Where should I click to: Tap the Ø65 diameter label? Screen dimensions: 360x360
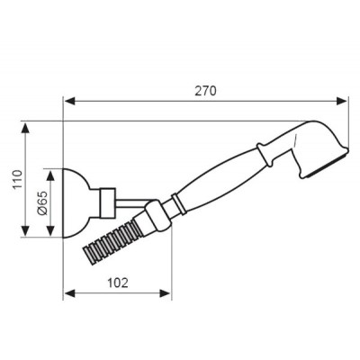[x=43, y=203]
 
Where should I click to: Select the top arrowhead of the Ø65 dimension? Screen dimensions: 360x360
[x=53, y=170]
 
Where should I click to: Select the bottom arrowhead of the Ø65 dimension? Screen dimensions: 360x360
[x=53, y=236]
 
